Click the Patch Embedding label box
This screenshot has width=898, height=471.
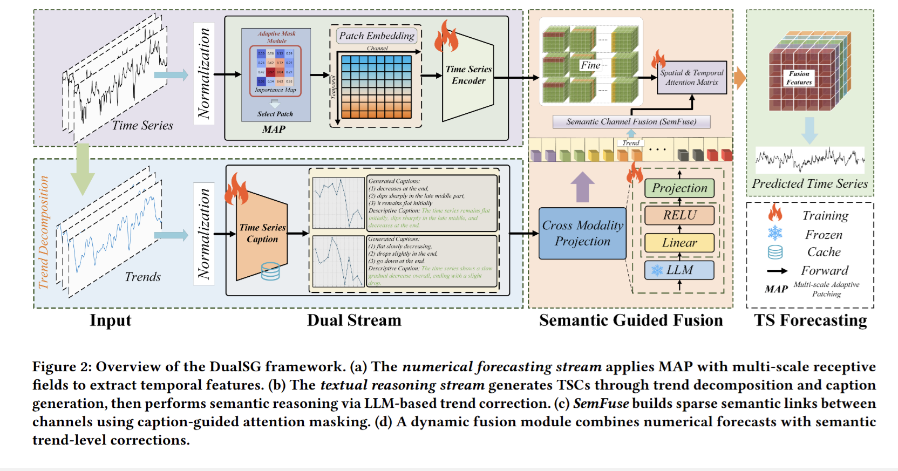377,36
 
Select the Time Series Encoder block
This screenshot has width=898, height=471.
468,76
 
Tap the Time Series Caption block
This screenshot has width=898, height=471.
262,234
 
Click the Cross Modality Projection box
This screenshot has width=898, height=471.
582,233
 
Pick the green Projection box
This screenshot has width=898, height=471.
679,188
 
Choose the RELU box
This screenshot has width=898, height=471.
679,215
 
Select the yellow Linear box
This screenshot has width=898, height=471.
679,243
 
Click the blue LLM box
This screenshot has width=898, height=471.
679,270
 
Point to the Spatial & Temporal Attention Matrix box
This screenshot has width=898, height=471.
691,78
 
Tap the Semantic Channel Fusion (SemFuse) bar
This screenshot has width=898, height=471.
631,121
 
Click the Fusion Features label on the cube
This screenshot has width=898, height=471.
799,78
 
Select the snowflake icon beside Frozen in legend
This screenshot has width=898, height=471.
775,233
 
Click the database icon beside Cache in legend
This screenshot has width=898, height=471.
775,252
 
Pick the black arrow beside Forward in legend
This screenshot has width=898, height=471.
777,271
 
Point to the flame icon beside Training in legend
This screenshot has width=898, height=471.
775,213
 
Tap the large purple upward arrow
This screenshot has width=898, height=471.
582,187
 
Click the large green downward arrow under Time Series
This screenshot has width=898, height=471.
82,168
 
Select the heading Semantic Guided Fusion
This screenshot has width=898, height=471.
630,320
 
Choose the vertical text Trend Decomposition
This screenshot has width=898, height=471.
44,232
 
